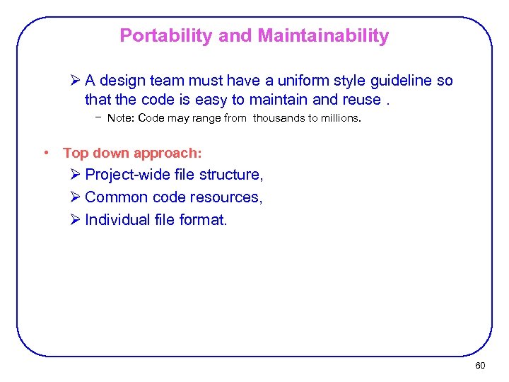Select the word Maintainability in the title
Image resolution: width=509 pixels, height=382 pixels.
tap(323, 35)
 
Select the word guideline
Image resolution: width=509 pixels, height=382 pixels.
tap(399, 81)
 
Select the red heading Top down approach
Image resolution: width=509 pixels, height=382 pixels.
tap(132, 153)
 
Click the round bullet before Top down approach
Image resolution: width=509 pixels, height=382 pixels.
tap(45, 153)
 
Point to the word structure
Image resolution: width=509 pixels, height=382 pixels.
tap(231, 175)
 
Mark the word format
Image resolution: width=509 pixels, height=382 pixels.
tap(201, 220)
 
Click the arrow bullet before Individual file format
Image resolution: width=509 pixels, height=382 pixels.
tap(76, 220)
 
